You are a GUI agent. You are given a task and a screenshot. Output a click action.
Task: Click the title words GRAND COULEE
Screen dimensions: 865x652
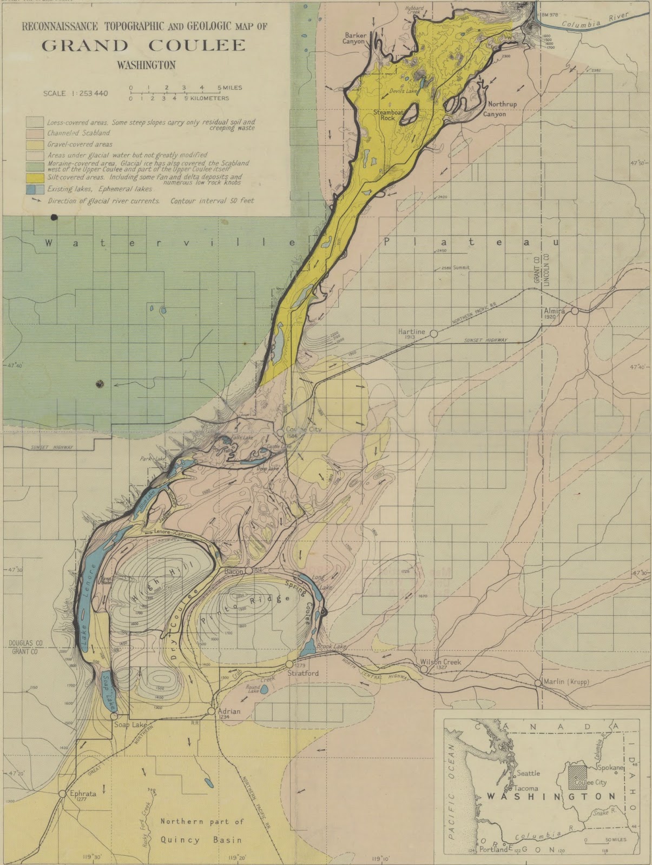pos(143,45)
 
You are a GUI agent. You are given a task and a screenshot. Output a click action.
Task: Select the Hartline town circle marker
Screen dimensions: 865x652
pos(433,334)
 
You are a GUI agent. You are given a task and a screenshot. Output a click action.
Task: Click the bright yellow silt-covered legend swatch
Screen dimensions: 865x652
pos(35,178)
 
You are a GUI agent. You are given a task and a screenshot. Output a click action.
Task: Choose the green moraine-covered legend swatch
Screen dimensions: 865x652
pos(35,165)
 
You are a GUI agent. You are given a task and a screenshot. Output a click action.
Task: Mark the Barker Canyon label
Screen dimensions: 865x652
pos(355,38)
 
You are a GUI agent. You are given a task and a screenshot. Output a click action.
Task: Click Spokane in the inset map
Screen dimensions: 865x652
pos(611,767)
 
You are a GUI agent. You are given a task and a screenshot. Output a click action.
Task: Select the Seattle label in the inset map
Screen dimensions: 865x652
pos(528,773)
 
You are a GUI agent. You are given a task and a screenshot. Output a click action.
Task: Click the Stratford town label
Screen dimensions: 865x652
pos(303,674)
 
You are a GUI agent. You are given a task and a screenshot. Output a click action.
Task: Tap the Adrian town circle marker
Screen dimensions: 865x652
pos(212,711)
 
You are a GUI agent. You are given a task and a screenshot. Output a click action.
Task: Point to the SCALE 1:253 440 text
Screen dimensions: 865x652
pos(75,93)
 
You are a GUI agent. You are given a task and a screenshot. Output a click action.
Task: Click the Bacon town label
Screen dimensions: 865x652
pos(234,571)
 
